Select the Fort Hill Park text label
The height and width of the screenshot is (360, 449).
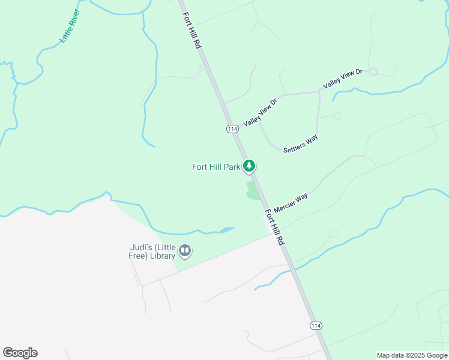coord(216,167)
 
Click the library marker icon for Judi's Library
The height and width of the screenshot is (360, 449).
coord(185,251)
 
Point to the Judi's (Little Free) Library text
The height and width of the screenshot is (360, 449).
coord(154,251)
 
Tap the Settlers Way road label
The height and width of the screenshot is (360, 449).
coord(301,144)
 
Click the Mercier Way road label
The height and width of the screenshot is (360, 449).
coord(291,203)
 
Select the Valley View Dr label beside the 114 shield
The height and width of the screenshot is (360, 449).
coord(260,113)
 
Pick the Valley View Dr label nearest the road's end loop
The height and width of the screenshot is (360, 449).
coord(343,79)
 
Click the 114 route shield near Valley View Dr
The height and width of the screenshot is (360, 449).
coord(232,129)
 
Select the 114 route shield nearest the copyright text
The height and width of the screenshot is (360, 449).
coord(316,325)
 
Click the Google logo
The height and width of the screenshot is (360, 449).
coord(20,353)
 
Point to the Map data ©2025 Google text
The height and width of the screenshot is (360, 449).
coord(412,355)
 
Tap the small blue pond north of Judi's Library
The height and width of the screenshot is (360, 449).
coord(225,230)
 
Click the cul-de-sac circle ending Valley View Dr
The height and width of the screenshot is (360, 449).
coord(373,71)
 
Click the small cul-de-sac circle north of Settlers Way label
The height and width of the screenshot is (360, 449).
coord(337,116)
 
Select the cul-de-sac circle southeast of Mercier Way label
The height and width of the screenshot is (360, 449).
coord(334,233)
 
